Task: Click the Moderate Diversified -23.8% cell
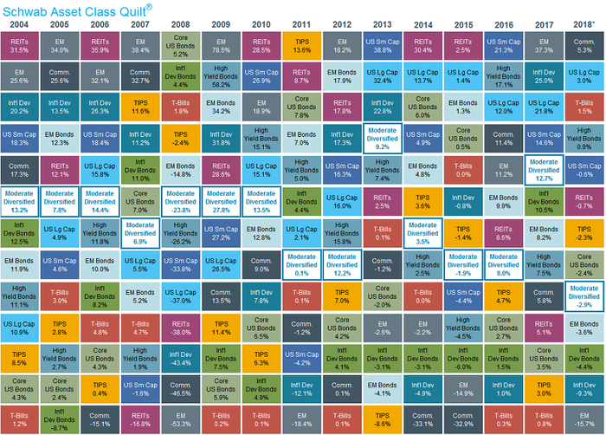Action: [180, 204]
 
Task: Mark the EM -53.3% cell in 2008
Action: [180, 419]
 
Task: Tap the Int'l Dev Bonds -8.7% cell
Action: [59, 419]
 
